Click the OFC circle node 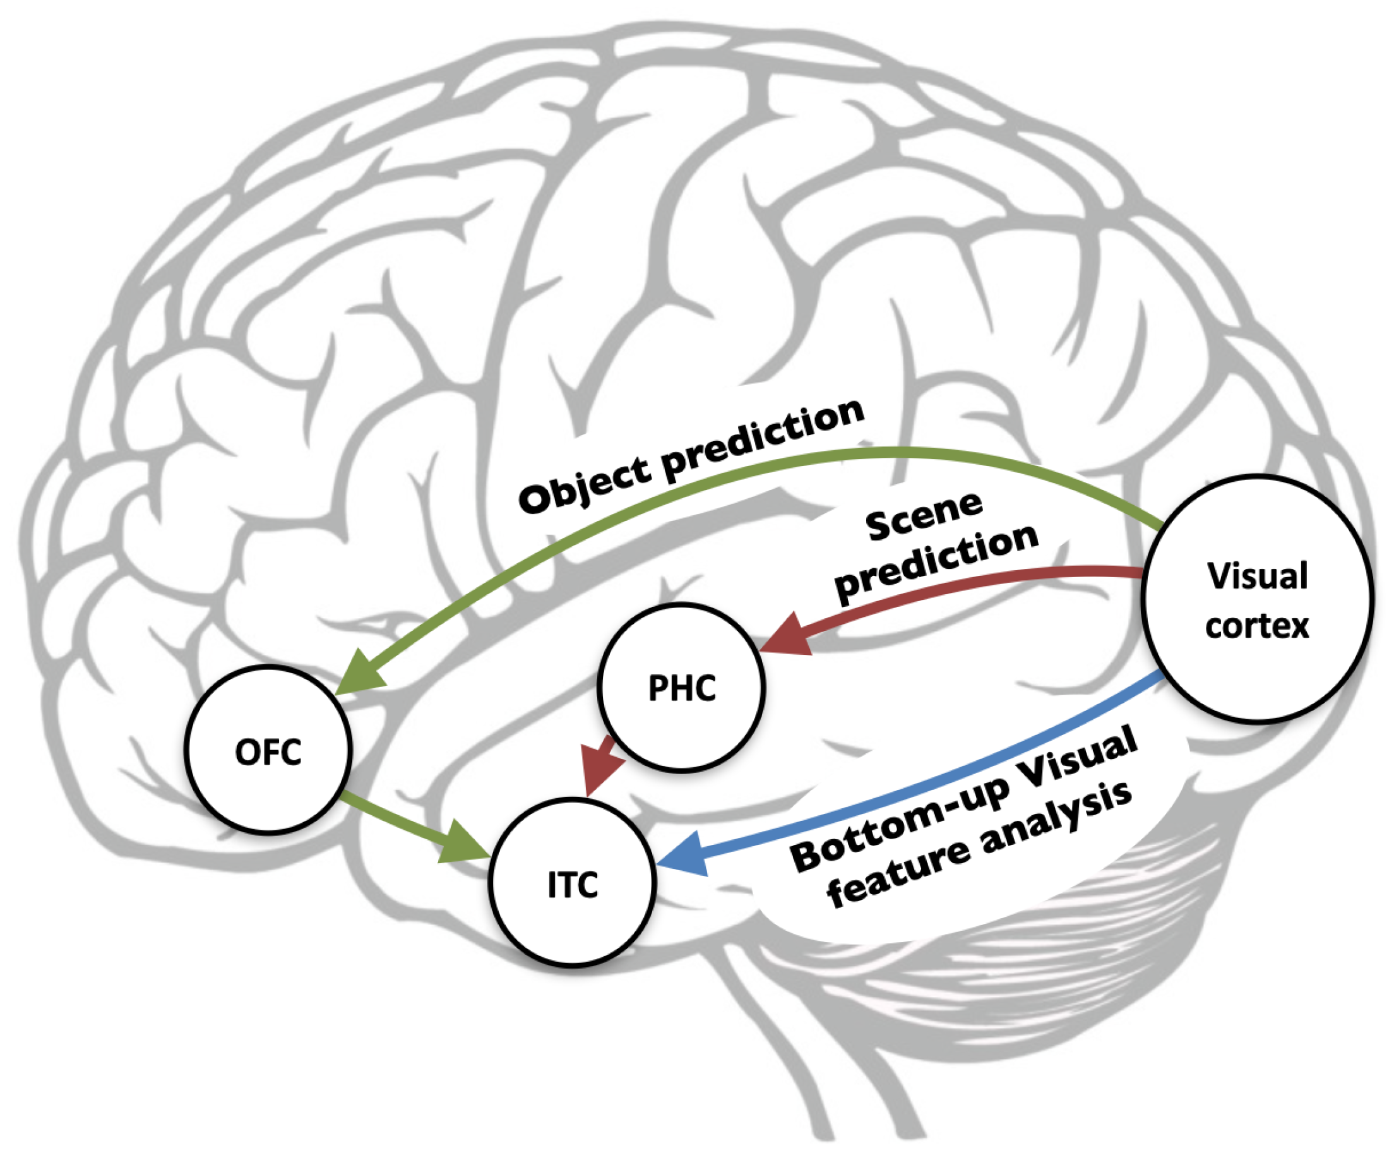268,750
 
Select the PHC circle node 681,688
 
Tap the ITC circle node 572,884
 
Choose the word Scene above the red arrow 924,515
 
